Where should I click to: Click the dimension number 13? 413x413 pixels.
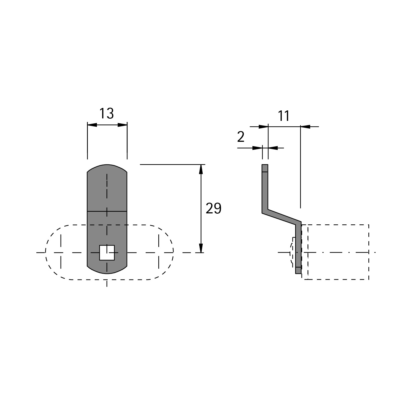[106, 113]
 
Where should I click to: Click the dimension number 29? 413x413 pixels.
[213, 208]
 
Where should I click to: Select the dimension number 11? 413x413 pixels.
[284, 116]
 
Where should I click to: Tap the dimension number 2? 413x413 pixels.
[241, 137]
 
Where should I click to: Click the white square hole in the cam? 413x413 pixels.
[107, 252]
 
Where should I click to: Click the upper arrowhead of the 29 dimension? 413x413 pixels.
[201, 169]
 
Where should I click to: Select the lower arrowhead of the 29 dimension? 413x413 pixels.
[201, 248]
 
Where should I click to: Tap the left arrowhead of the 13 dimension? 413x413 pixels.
[92, 125]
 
